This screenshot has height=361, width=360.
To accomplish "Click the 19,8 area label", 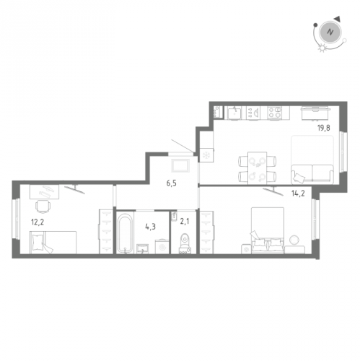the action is [323, 128].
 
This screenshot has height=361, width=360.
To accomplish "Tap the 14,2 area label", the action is [298, 193].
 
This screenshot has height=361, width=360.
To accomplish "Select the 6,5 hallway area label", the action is [171, 183].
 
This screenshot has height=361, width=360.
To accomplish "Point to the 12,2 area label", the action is [38, 222].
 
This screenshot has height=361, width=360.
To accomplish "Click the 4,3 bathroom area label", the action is [151, 227].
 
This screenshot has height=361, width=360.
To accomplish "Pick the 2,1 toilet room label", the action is [185, 221].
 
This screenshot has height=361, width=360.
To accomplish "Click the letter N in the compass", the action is [330, 32].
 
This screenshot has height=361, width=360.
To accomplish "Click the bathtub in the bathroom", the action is [125, 232].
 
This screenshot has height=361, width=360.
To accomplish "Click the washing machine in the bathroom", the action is [162, 246].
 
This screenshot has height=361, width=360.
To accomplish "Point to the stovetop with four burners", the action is [275, 113].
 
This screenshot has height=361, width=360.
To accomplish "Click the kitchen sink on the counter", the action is [234, 113].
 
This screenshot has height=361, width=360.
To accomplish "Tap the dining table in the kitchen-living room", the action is [257, 168].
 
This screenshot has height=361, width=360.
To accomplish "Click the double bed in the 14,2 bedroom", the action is [268, 230].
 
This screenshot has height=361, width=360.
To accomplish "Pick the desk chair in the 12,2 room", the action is [43, 206].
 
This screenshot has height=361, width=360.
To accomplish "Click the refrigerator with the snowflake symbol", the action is [207, 155].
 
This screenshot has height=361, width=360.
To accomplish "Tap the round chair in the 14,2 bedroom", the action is [294, 240].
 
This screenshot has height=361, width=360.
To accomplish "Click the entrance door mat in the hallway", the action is [180, 165].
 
